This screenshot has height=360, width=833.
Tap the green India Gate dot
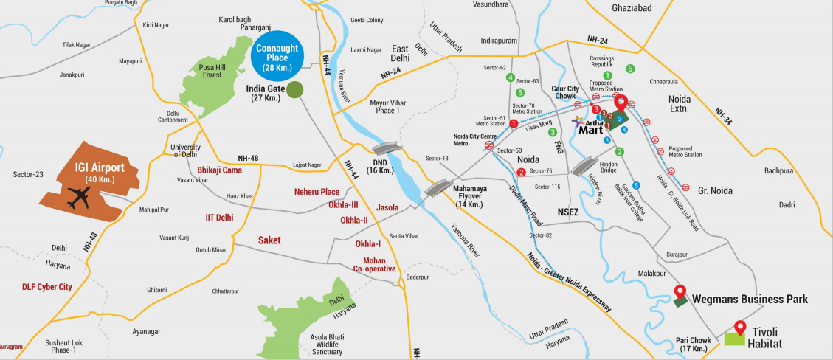(294, 90)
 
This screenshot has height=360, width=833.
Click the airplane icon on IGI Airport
(78, 197)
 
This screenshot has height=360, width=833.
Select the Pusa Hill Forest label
(218, 72)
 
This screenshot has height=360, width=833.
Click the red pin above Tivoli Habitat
(741, 325)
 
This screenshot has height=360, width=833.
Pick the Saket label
(269, 240)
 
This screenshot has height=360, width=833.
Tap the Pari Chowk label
(693, 345)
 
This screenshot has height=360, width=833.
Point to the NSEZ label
(569, 210)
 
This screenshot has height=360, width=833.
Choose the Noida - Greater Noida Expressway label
(569, 281)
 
